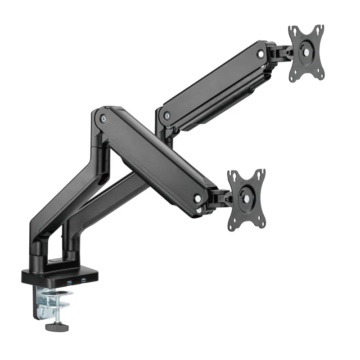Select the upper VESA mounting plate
pos(306,53)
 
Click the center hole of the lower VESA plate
pos(247,199)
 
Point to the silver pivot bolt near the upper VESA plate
pos(261,54)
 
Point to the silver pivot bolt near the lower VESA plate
pos(198,198)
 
